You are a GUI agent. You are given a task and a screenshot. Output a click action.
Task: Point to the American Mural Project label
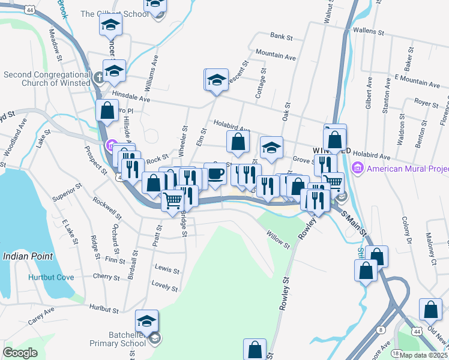408,169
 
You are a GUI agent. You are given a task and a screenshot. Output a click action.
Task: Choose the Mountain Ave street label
276,56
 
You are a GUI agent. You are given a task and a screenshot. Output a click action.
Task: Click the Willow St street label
278,241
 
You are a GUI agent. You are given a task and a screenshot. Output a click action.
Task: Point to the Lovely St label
165,286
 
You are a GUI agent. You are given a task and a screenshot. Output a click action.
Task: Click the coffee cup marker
215,173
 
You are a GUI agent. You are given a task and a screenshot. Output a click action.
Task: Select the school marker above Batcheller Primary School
146,320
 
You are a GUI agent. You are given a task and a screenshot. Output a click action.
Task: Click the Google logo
20,353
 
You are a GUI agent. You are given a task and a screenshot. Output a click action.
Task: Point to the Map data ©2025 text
424,355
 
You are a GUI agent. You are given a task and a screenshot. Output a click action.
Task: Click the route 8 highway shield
381,329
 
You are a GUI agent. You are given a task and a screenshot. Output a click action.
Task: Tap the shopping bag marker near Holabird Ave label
238,142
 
